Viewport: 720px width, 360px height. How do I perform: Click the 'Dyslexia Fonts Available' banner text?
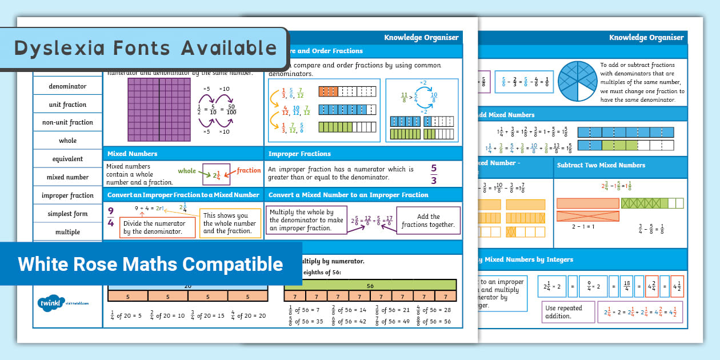(x=145, y=48)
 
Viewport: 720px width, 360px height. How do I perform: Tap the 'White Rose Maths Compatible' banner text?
(x=150, y=264)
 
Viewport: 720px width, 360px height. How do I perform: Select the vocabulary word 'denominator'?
(x=67, y=86)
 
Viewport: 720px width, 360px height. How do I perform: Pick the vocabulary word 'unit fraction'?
(x=67, y=105)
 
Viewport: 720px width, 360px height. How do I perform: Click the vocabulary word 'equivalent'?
(x=67, y=159)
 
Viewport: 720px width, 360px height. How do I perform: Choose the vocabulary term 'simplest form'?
(x=67, y=214)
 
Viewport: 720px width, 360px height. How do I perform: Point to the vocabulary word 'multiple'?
(x=67, y=232)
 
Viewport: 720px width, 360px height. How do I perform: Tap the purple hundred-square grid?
(x=159, y=110)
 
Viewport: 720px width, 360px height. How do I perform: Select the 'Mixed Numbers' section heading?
(x=133, y=154)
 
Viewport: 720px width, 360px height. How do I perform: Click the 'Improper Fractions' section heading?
(x=299, y=154)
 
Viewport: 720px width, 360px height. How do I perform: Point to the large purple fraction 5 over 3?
(x=434, y=174)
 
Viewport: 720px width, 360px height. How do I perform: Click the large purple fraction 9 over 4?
(x=111, y=217)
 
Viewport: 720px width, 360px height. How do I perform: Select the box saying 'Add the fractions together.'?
(x=428, y=221)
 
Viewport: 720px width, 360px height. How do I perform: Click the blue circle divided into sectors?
(x=575, y=81)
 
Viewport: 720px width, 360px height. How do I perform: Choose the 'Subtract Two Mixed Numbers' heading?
(x=601, y=165)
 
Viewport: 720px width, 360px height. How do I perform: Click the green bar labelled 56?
(x=370, y=286)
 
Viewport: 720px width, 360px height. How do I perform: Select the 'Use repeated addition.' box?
(x=563, y=312)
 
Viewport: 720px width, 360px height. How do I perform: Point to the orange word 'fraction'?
(x=249, y=170)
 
